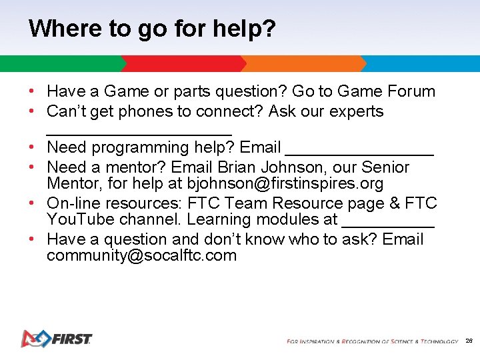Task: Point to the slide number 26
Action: [469, 341]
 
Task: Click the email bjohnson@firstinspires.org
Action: [285, 183]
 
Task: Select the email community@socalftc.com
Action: [141, 256]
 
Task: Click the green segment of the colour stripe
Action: [60, 63]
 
